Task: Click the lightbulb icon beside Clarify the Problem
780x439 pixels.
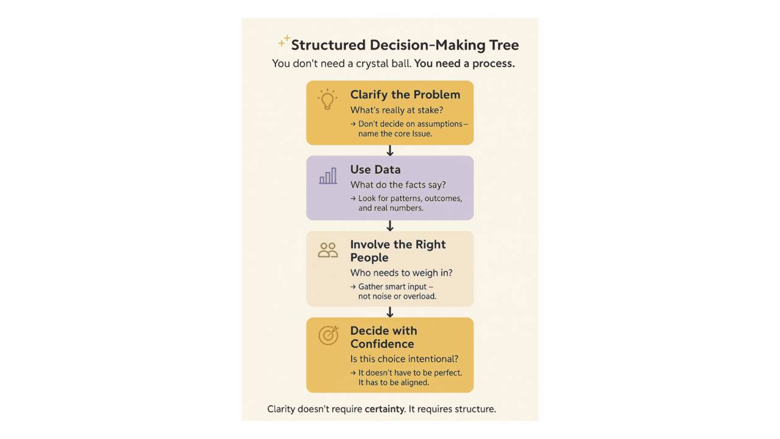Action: (327, 99)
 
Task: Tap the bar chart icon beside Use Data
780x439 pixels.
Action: (328, 176)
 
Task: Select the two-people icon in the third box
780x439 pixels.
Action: (328, 250)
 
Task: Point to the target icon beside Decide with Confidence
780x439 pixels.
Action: (328, 335)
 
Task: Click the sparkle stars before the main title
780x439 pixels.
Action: (284, 41)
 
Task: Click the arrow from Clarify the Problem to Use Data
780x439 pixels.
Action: (390, 151)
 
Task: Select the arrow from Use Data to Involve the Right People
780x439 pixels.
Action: (390, 226)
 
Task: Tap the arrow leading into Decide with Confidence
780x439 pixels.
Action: (390, 312)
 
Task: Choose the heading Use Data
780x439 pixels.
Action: (375, 170)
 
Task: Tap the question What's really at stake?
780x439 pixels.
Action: (397, 110)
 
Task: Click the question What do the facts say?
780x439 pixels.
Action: (398, 185)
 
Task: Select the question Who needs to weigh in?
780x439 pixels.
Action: (401, 273)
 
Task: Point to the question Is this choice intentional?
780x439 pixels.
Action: (404, 359)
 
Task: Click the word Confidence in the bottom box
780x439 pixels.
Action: (382, 344)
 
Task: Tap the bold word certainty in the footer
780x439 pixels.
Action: (384, 409)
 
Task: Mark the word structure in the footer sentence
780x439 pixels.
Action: (475, 409)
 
